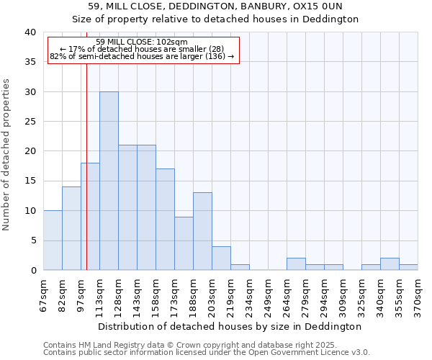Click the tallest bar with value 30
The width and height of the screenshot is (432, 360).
(109, 181)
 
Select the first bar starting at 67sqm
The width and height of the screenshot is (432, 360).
(53, 240)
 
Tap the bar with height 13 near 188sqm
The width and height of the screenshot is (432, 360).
(202, 231)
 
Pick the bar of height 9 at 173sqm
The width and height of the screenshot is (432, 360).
(184, 243)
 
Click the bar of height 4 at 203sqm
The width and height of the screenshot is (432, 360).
(221, 258)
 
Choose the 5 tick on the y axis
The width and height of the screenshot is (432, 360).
(32, 240)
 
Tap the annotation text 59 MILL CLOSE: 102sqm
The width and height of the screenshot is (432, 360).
(142, 42)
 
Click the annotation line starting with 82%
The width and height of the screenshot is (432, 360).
(142, 56)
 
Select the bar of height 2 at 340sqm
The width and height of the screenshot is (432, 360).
(390, 264)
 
